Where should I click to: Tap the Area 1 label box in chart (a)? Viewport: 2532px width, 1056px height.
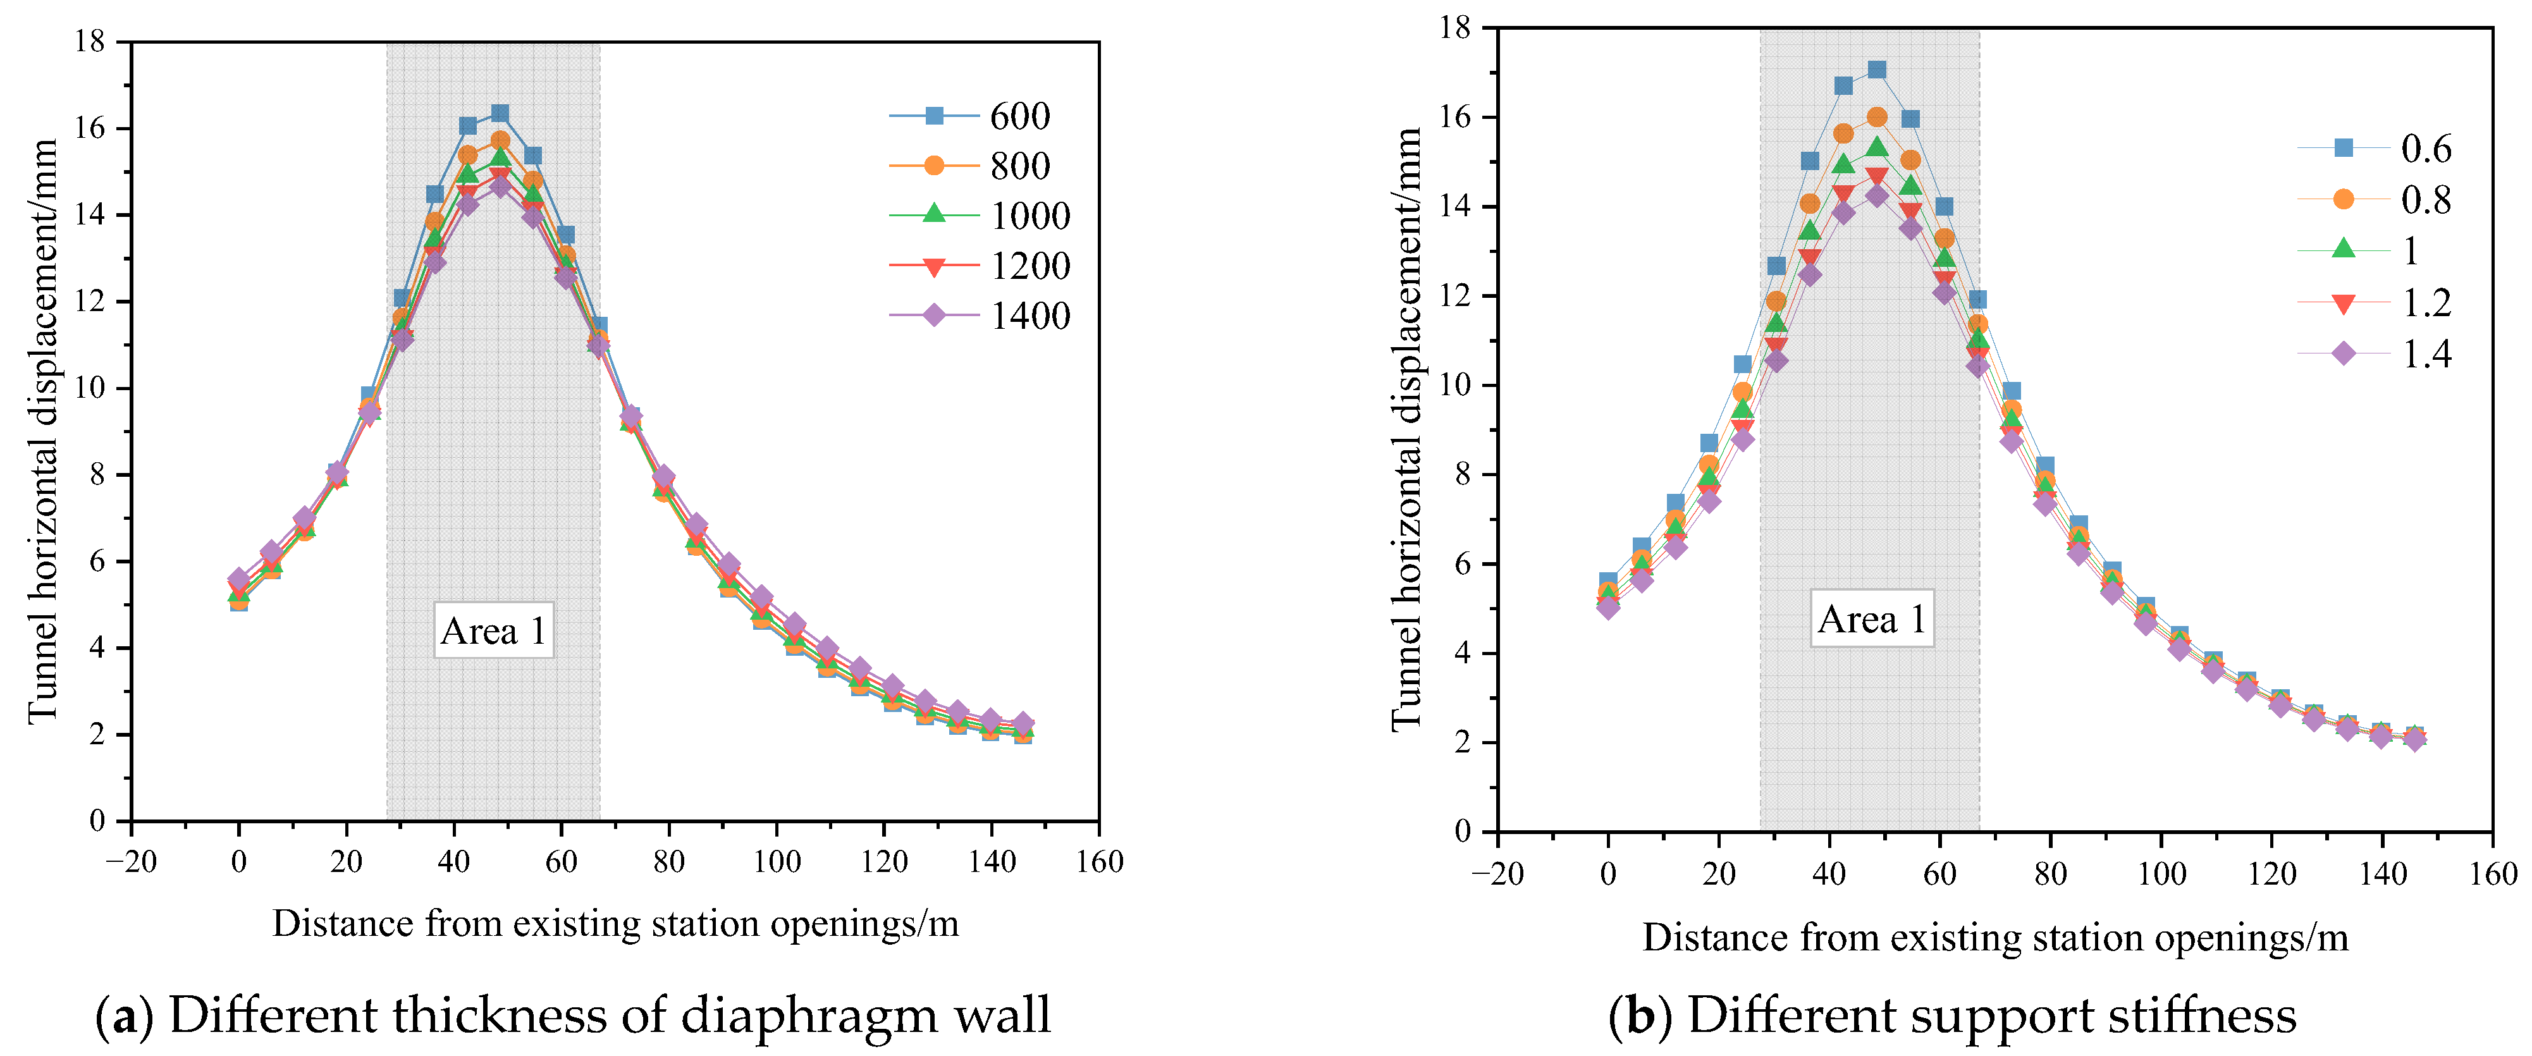(x=493, y=630)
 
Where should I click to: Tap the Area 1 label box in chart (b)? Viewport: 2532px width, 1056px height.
(x=1871, y=618)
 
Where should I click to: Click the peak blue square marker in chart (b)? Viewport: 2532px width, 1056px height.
(x=1876, y=70)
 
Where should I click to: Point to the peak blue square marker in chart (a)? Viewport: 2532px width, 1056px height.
(x=500, y=114)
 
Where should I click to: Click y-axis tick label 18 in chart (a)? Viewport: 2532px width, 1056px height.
(x=90, y=41)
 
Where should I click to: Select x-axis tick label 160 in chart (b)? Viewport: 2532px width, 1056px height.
(x=2492, y=873)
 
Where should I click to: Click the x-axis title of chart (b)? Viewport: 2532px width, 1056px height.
(x=1994, y=937)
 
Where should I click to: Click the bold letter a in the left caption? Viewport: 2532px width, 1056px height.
(x=125, y=1016)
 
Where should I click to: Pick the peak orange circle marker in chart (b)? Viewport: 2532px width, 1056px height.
(x=1876, y=117)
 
